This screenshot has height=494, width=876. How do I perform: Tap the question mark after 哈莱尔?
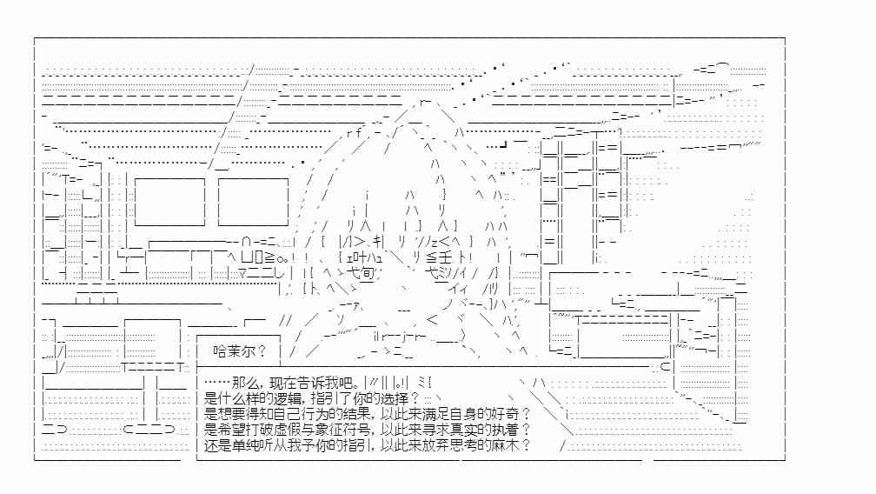click(x=262, y=351)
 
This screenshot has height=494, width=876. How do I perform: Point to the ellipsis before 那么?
click(x=216, y=383)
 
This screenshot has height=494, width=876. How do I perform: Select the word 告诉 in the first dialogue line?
click(x=310, y=383)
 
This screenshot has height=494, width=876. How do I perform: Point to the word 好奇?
click(x=504, y=414)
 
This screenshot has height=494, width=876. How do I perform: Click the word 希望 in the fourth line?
click(x=232, y=430)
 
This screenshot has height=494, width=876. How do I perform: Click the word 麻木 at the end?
click(x=504, y=445)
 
